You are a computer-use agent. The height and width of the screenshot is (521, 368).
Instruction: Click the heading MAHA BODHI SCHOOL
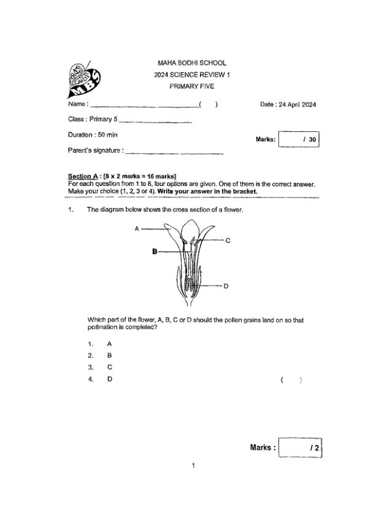tap(191, 63)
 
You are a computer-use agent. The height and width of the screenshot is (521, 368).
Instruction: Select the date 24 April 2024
tap(288, 105)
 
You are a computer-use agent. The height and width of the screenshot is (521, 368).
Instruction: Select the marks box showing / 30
tap(299, 139)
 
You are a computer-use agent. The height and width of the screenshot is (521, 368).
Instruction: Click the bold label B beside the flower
tap(153, 251)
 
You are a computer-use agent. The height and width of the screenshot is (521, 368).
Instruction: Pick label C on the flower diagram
tap(228, 241)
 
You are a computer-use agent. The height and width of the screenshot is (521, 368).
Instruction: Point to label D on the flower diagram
tap(226, 286)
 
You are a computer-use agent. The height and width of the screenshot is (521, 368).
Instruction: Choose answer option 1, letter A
tap(109, 344)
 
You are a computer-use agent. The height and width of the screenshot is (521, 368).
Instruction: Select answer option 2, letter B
tap(109, 355)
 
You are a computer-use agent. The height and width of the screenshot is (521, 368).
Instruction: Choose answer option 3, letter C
tap(109, 367)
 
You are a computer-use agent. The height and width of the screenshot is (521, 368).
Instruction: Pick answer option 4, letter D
tap(109, 379)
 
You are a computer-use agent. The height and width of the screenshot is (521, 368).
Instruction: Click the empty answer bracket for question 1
tap(291, 380)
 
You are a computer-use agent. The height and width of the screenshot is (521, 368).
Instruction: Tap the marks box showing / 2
tap(300, 448)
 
